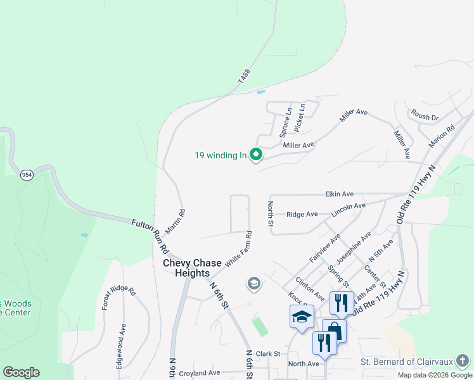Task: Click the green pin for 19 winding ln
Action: [256, 155]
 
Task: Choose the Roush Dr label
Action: [425, 117]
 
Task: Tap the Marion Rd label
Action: [442, 135]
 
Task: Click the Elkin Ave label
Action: [339, 194]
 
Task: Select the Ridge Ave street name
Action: [302, 215]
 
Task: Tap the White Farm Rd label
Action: [238, 248]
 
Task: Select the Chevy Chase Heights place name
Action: [192, 268]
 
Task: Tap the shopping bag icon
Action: [334, 330]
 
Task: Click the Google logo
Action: [21, 372]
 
